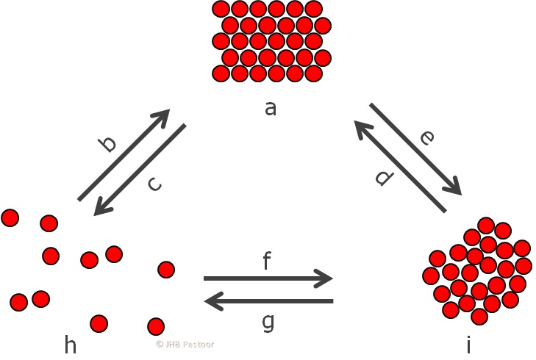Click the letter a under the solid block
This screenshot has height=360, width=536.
(271, 109)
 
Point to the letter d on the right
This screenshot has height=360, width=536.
(382, 177)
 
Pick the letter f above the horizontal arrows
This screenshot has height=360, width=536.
(268, 261)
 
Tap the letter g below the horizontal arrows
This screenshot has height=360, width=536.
(268, 322)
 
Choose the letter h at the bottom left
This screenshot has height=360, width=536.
(71, 343)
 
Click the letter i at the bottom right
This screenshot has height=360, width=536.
(468, 343)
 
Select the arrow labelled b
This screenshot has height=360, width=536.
(124, 155)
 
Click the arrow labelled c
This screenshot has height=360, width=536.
(140, 170)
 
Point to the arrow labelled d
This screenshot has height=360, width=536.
(400, 167)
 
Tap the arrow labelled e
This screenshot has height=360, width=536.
(415, 150)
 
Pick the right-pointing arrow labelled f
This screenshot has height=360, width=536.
(268, 278)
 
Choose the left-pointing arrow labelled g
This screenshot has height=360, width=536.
(268, 300)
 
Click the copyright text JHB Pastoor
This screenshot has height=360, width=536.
(185, 344)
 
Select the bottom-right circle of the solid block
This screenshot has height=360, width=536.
(314, 73)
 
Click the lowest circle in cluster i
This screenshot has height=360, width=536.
(479, 317)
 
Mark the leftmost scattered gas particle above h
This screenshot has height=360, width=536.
(10, 217)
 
